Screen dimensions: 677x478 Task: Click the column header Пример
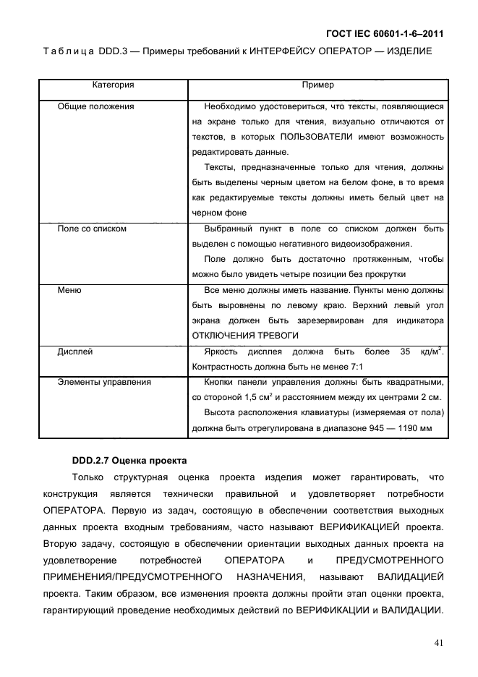click(317, 85)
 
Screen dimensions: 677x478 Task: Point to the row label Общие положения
click(95, 106)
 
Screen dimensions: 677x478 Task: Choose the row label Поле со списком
click(92, 229)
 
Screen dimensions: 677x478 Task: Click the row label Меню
click(69, 290)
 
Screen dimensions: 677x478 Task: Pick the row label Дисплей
click(75, 352)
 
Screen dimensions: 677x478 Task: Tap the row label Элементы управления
click(104, 382)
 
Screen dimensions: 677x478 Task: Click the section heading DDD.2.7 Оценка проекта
click(129, 460)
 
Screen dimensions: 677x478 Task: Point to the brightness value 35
click(404, 352)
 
